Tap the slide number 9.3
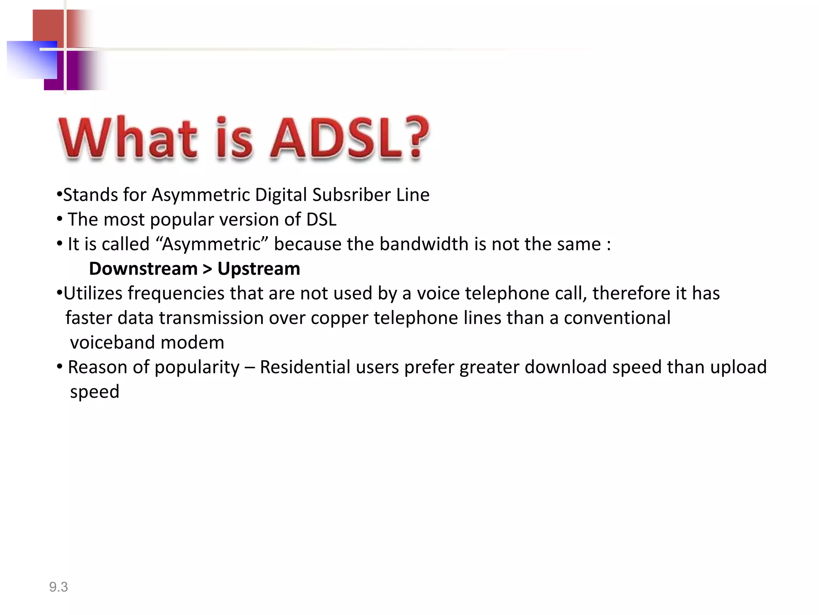click(x=58, y=587)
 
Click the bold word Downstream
click(x=143, y=269)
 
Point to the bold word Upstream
click(x=259, y=269)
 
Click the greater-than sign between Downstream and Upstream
click(x=207, y=269)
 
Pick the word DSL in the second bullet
click(x=321, y=220)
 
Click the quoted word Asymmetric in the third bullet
click(x=212, y=244)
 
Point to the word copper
click(x=340, y=318)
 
